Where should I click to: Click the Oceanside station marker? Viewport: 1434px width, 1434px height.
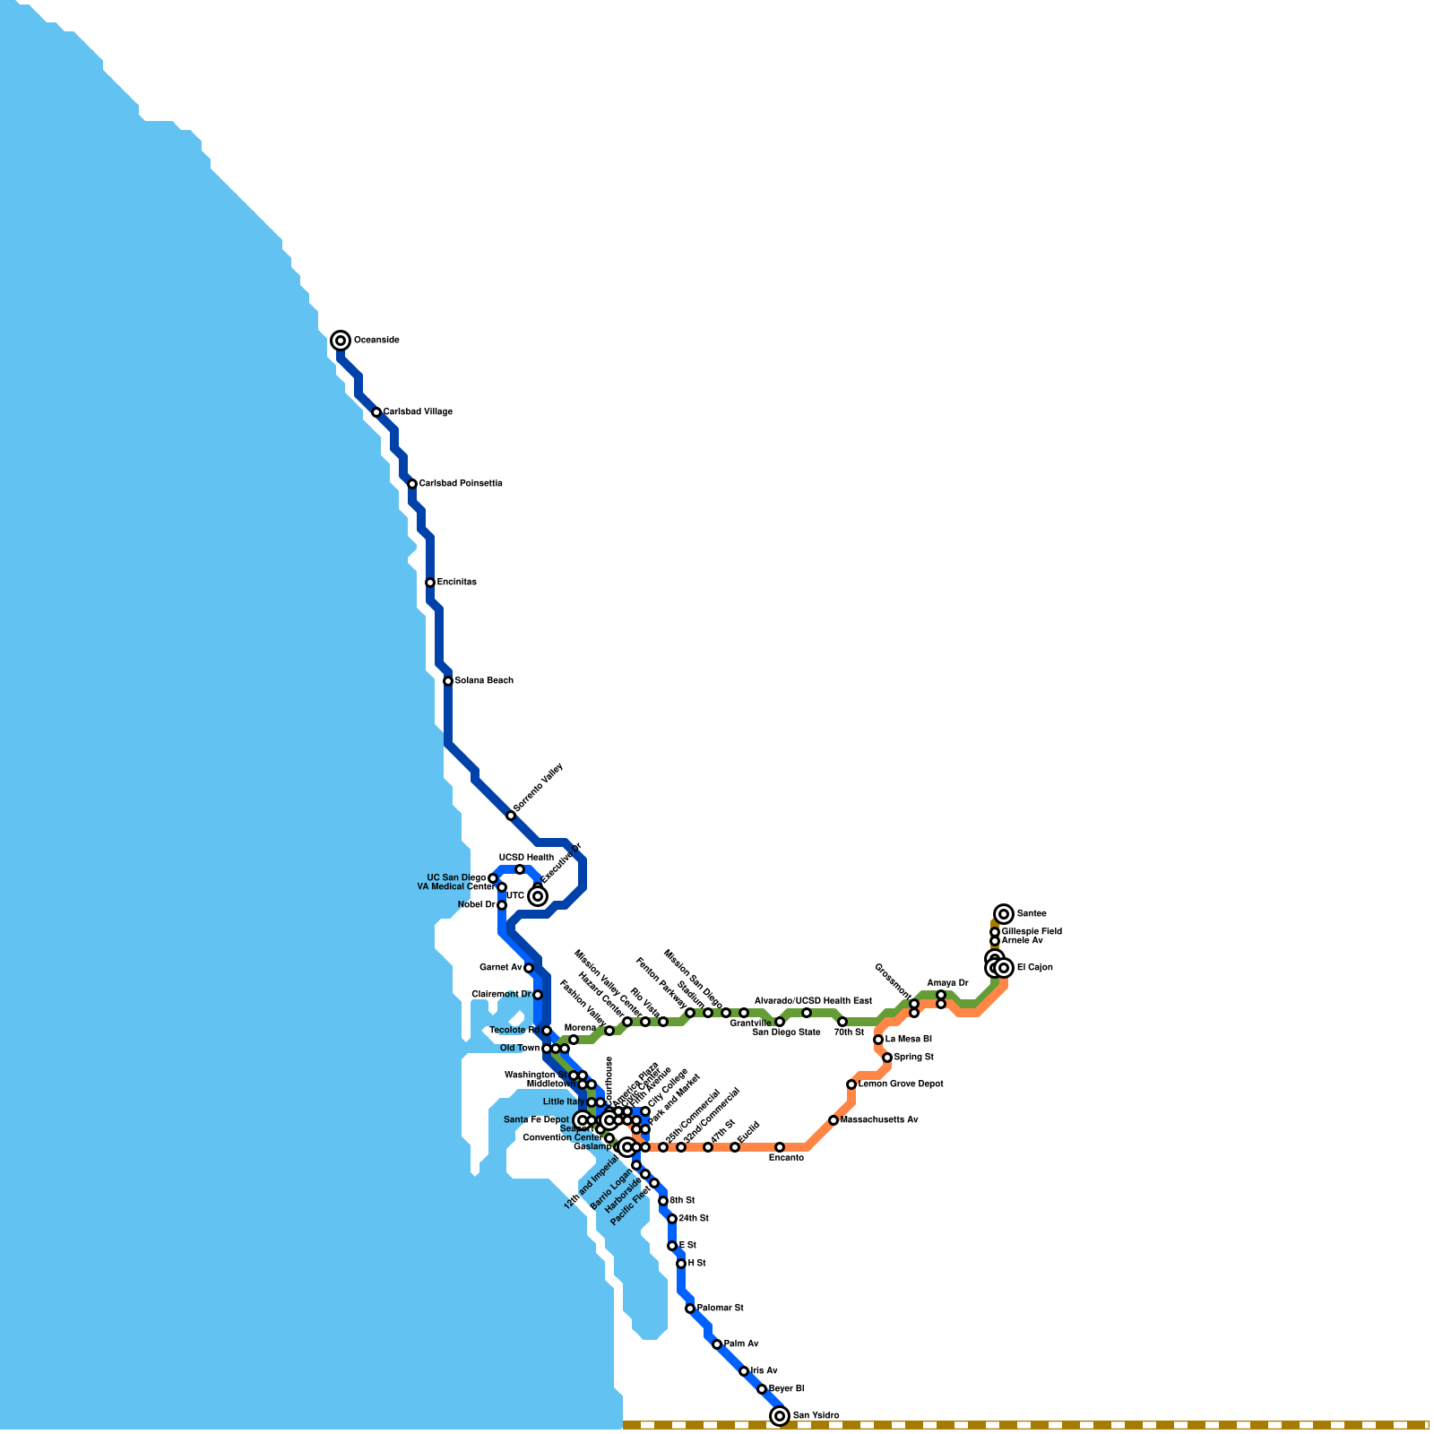coord(341,341)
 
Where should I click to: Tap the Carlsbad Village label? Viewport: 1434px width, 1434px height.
coord(418,412)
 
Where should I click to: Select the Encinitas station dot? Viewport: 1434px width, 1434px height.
coord(430,583)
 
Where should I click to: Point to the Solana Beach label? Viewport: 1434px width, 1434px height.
coord(484,681)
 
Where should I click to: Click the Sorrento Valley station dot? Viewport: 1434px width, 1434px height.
coord(511,816)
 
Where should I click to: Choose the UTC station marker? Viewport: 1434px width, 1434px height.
coord(538,896)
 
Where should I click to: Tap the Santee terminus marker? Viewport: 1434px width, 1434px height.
coord(1004,914)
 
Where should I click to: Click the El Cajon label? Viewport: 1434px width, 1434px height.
coord(1034,968)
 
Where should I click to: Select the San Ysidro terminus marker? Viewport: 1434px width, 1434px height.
coord(780,1416)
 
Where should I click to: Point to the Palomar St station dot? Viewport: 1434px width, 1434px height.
coord(690,1309)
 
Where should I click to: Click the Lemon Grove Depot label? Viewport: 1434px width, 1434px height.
coord(901,1084)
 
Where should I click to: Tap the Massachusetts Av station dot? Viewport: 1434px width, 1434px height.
coord(834,1120)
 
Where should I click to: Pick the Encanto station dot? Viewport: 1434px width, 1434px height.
coord(780,1147)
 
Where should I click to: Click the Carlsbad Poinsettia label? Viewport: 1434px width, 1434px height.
coord(461,484)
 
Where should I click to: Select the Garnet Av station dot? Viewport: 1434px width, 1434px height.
coord(529,968)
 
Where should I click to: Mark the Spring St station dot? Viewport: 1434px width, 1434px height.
coord(887,1058)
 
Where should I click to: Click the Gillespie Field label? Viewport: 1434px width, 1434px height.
coord(1032,932)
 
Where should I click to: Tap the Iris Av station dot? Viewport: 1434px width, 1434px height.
coord(744,1371)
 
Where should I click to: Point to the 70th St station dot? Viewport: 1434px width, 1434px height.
coord(842,1022)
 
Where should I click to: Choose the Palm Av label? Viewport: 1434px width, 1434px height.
coord(741,1344)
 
